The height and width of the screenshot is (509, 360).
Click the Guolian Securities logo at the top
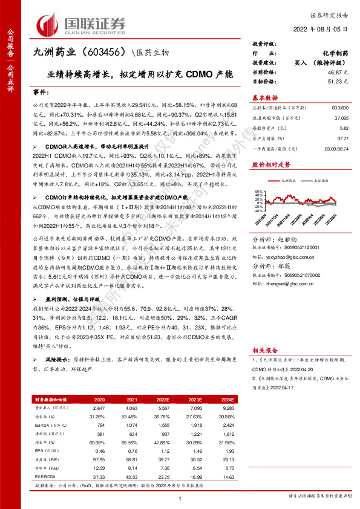click(x=82, y=24)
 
